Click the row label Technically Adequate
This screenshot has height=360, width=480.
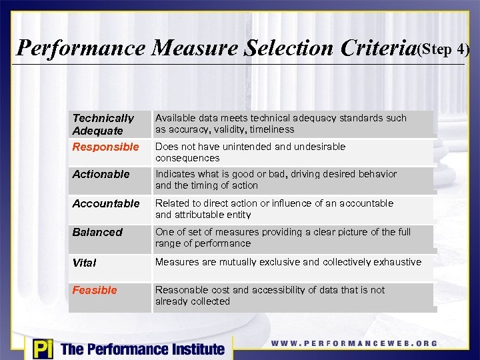[x=103, y=124]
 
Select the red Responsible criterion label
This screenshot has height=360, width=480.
[x=105, y=147]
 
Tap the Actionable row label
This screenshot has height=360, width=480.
[x=101, y=174]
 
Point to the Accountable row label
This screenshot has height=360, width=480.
[x=106, y=203]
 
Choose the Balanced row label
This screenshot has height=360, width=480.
[x=97, y=232]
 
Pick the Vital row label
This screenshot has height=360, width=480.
[x=84, y=263]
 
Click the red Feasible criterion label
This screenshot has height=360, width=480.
[x=94, y=290]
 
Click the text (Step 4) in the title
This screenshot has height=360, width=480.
[x=443, y=49]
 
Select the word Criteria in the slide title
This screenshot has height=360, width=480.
[x=378, y=48]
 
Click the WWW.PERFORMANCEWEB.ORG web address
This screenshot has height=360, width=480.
[x=354, y=343]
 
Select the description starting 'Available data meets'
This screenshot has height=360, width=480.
[x=281, y=123]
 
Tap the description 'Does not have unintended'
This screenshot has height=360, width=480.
[x=250, y=152]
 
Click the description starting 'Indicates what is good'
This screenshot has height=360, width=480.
[x=275, y=179]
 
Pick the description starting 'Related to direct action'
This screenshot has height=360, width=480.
[x=274, y=209]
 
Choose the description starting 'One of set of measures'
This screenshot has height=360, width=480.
[x=283, y=237]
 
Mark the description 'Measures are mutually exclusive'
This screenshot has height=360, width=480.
[x=288, y=262]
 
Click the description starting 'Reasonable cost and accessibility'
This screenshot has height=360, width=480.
[x=270, y=295]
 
